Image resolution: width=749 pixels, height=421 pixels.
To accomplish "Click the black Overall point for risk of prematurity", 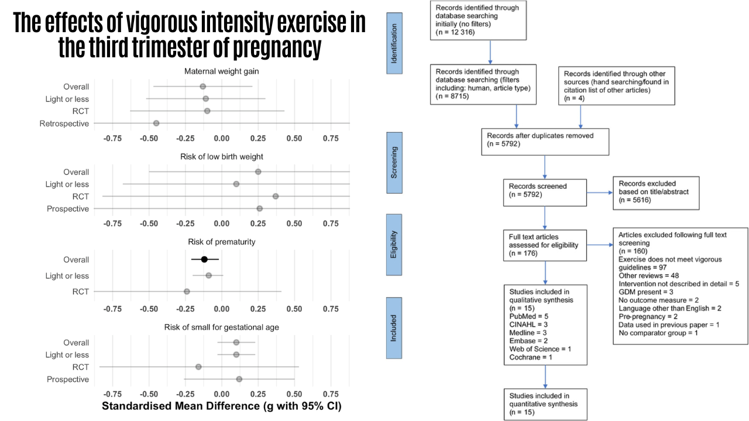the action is [204, 259].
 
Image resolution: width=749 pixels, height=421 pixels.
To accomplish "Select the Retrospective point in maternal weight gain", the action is [156, 123].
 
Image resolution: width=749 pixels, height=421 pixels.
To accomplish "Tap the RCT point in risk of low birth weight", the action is [276, 196].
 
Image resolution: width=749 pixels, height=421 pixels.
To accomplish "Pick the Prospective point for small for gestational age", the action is [239, 379].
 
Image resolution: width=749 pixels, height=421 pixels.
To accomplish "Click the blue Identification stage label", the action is [394, 43].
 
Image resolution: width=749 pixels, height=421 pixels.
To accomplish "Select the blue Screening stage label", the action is [394, 163].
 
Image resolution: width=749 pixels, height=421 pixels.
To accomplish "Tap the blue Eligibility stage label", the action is [394, 244].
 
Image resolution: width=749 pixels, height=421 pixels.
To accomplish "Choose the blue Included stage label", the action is [394, 328].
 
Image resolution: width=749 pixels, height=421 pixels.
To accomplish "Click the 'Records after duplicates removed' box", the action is [545, 142].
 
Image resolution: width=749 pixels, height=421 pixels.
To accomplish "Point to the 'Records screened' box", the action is [545, 193].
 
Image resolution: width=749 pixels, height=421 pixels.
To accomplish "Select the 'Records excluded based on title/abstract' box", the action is [656, 193].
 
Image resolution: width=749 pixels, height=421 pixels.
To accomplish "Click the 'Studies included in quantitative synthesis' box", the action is [545, 404].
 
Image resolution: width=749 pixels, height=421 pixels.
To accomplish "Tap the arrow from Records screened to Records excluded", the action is [600, 192].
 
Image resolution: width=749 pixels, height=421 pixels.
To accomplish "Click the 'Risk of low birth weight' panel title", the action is [222, 157].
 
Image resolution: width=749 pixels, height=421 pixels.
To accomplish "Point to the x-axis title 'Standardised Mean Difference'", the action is [181, 406].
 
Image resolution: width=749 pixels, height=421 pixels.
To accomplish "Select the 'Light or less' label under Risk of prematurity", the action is [67, 275].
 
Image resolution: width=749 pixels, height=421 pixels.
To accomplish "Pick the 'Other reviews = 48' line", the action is [649, 275].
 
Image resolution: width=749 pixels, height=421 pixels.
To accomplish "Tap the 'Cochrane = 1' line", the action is [531, 357].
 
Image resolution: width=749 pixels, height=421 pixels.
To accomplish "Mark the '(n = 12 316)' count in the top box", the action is [455, 32].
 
